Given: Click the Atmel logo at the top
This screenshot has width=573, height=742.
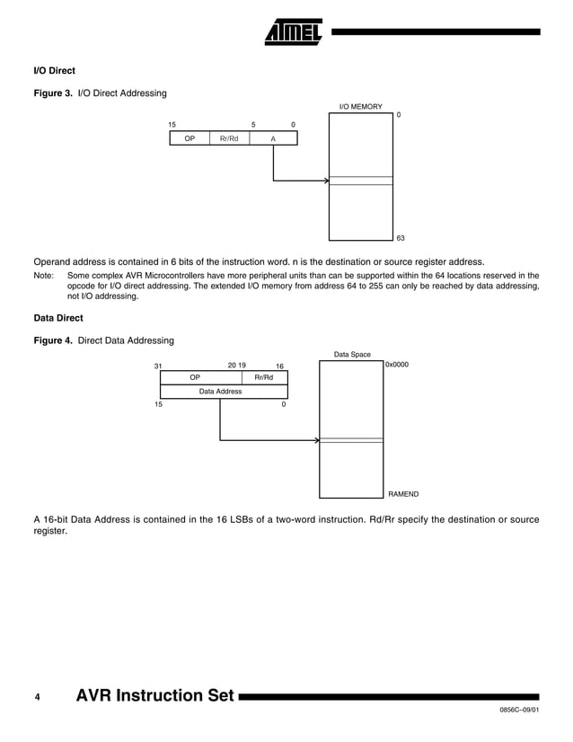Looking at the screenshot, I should (x=293, y=32).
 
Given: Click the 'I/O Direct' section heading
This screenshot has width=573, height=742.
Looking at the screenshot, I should (x=54, y=70).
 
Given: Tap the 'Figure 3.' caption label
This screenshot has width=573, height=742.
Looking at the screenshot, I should (x=53, y=93).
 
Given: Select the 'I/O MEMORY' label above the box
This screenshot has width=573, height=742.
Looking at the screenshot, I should (x=360, y=107).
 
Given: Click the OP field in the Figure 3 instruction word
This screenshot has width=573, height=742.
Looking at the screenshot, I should (x=190, y=138).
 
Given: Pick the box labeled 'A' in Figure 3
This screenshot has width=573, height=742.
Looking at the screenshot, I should (x=273, y=138).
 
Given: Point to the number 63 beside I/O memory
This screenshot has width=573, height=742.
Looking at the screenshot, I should (x=401, y=238).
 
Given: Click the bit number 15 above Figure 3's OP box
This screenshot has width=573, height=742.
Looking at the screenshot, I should (x=172, y=124).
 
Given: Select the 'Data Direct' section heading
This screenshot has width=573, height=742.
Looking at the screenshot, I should (x=57, y=317).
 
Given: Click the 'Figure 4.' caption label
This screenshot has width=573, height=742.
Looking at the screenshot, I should (x=53, y=340).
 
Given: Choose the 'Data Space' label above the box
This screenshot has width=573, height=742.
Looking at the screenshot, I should (x=352, y=355).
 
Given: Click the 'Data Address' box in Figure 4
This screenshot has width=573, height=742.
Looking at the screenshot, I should (x=220, y=392).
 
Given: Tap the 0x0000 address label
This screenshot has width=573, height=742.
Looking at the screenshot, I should (x=396, y=366).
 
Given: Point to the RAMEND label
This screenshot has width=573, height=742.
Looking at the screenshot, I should (x=403, y=494).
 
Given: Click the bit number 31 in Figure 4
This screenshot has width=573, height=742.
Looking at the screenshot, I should (x=158, y=367).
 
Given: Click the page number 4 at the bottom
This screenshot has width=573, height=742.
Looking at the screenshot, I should (x=37, y=696).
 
